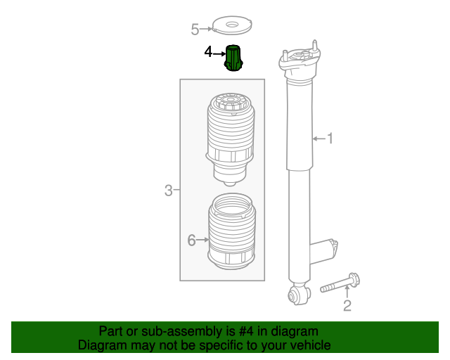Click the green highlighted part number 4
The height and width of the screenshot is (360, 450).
(233, 58)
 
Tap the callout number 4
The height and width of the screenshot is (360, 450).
(208, 52)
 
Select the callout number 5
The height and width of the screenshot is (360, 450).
(195, 29)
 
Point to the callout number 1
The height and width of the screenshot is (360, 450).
(329, 139)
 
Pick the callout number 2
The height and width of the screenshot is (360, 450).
(347, 305)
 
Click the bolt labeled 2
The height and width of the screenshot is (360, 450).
(340, 285)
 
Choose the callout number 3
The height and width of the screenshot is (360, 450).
(169, 190)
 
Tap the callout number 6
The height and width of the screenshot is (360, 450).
(191, 240)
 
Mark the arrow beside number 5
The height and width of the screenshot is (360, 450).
(209, 29)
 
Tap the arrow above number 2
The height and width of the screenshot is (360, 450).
(347, 292)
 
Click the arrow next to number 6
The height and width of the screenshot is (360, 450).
(203, 240)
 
